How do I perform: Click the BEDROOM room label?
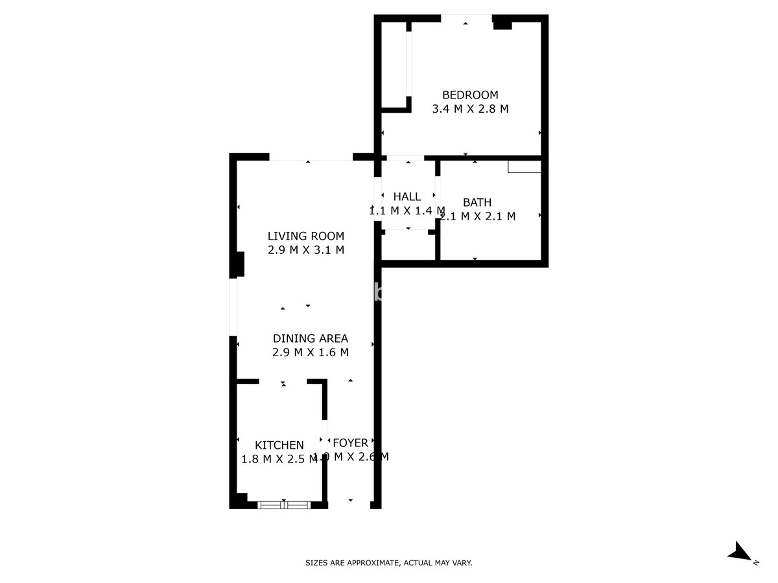[470, 95]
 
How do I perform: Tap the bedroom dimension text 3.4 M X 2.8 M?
[470, 109]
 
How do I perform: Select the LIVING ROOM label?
[306, 236]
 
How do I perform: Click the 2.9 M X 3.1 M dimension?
[306, 250]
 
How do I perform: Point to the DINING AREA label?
[310, 338]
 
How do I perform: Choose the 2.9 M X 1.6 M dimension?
[310, 352]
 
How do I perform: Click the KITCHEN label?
[279, 445]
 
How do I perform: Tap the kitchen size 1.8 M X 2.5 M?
[279, 459]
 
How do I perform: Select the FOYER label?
[350, 443]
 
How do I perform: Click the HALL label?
[407, 196]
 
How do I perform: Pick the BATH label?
[477, 202]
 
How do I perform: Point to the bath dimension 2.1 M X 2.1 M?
[478, 216]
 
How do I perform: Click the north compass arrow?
[739, 552]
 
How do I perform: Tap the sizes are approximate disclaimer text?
[389, 563]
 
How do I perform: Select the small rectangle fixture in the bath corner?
[524, 167]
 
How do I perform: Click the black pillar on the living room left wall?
[239, 264]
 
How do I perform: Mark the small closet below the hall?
[408, 246]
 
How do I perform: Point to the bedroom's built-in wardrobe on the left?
[395, 65]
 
